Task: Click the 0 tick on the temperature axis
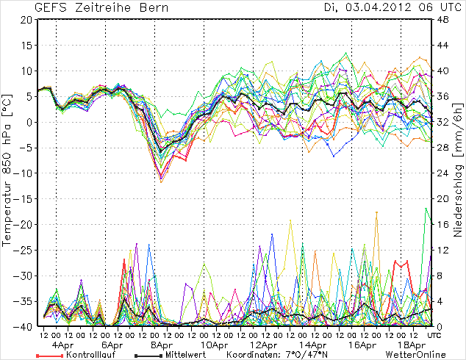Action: click(29, 122)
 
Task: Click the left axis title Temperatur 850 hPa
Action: click(8, 173)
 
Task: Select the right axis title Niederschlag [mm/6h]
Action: click(458, 173)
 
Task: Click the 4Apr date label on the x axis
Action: click(62, 345)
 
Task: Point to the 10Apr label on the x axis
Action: click(212, 345)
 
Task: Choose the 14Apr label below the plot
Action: click(312, 345)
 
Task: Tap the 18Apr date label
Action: click(412, 345)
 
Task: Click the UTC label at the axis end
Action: click(434, 335)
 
